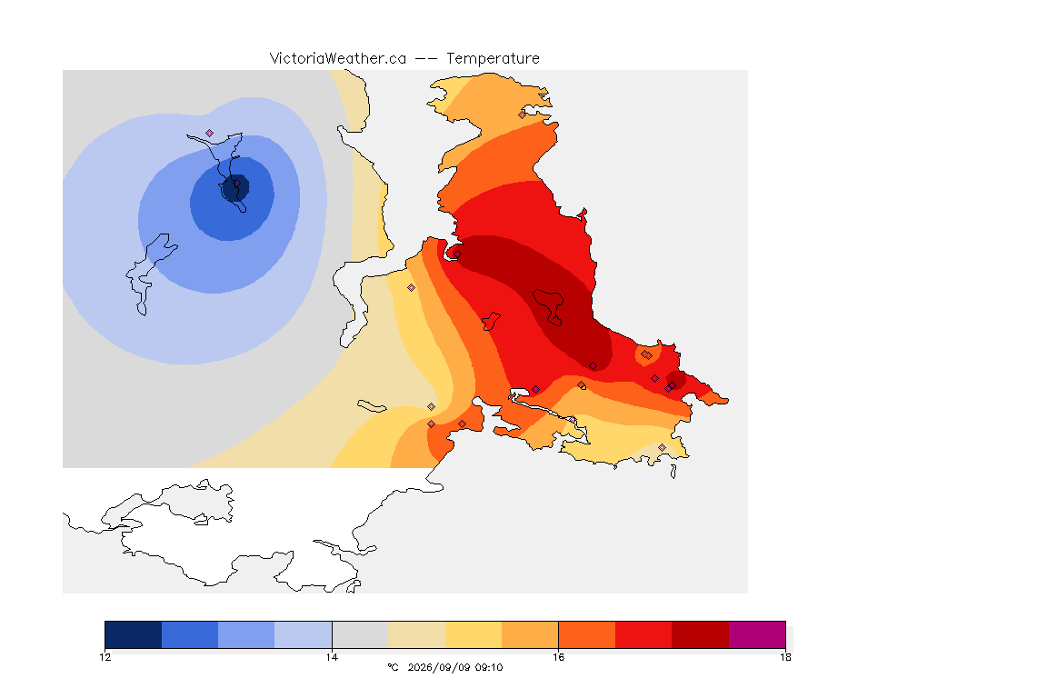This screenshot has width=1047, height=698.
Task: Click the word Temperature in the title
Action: pyautogui.click(x=493, y=59)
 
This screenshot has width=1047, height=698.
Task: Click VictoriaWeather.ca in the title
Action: pyautogui.click(x=338, y=59)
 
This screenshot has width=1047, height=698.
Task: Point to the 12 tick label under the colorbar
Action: pyautogui.click(x=105, y=657)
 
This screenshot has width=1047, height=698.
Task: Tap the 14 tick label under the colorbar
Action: pyautogui.click(x=332, y=657)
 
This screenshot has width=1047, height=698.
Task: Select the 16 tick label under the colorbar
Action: pyautogui.click(x=558, y=657)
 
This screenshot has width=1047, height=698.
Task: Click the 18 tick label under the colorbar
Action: pyautogui.click(x=785, y=657)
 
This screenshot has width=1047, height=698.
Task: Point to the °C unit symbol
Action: pyautogui.click(x=393, y=667)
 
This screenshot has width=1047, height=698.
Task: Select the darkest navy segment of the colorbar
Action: pyautogui.click(x=134, y=634)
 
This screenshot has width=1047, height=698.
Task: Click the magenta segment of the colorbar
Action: pyautogui.click(x=757, y=634)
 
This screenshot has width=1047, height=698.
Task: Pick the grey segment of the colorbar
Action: pyautogui.click(x=361, y=634)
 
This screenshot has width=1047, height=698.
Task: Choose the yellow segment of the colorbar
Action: pyautogui.click(x=474, y=634)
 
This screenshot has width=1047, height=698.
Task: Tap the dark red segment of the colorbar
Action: pyautogui.click(x=701, y=634)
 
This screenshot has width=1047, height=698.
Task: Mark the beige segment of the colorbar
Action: pyautogui.click(x=416, y=634)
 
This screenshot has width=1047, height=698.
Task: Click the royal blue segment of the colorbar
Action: pyautogui.click(x=190, y=634)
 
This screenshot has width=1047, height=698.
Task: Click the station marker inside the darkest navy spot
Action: pyautogui.click(x=236, y=183)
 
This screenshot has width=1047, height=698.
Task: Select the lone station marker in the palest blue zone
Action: pyautogui.click(x=210, y=133)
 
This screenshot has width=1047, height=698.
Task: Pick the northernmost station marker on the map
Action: pyautogui.click(x=523, y=115)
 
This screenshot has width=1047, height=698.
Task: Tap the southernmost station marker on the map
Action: pyautogui.click(x=662, y=447)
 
